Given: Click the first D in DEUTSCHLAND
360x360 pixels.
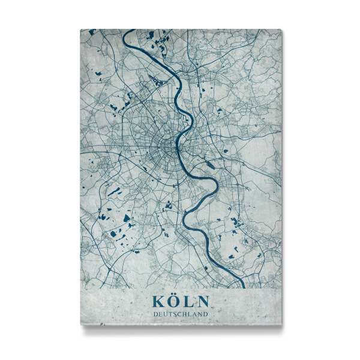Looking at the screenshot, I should point(155,314).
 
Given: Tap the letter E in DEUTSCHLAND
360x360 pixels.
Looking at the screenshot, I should point(160,314).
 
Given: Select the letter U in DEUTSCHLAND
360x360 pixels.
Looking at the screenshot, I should point(165,314).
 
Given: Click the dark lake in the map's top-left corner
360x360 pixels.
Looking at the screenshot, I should point(91,32).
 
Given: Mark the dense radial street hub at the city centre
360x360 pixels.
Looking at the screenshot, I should point(165,144).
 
